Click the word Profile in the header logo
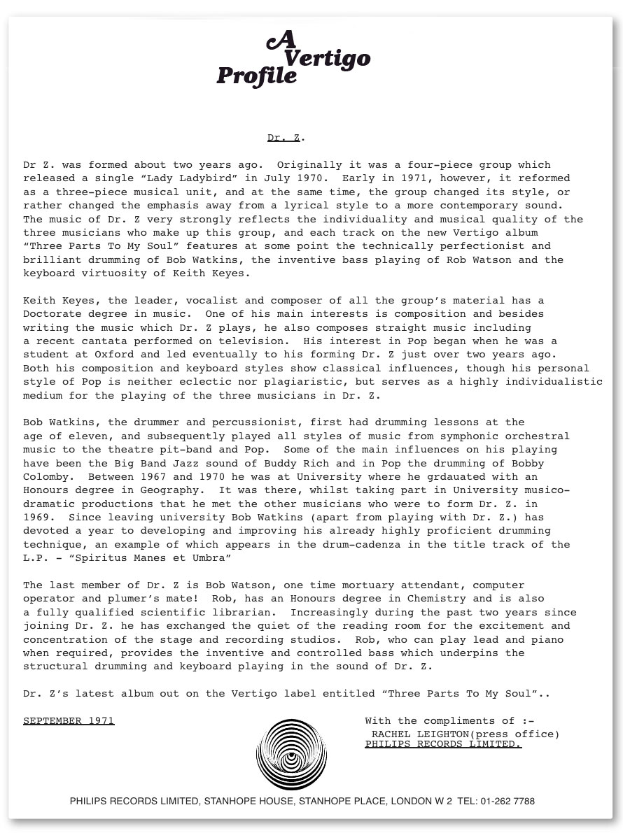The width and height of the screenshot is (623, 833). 256,76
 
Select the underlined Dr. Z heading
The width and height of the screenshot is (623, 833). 284,138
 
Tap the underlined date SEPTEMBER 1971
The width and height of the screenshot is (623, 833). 69,721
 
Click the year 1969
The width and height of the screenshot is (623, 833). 36,518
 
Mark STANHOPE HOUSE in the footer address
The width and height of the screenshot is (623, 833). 247,802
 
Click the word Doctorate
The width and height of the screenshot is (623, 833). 50,314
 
